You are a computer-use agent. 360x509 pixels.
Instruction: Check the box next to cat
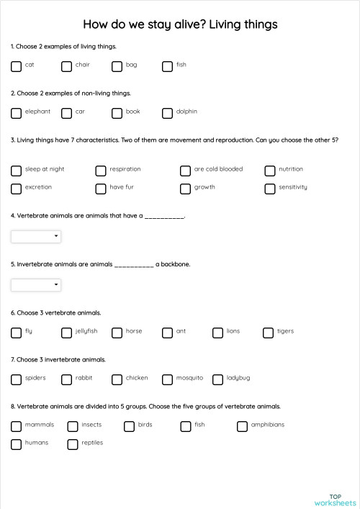point(17,66)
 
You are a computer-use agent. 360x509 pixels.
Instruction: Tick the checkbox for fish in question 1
point(168,66)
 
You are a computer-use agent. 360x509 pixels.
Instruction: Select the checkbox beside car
point(67,113)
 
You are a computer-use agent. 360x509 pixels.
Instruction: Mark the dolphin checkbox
point(168,113)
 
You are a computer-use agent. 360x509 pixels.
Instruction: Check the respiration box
point(101,171)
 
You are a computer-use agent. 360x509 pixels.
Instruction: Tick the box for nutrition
point(270,171)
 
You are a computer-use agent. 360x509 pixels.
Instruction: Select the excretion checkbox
point(17,189)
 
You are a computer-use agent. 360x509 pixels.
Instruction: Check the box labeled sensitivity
point(270,189)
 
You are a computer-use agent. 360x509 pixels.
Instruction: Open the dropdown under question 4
point(36,236)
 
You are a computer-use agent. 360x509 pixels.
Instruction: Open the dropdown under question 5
point(36,285)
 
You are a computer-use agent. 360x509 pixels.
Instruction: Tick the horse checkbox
point(117,333)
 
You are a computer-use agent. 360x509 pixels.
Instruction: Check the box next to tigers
point(269,333)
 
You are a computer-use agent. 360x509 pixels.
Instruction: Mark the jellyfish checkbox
point(67,333)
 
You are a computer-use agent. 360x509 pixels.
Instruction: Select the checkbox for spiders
point(17,379)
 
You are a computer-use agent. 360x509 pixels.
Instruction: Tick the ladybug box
point(218,379)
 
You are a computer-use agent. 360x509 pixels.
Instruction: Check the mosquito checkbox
point(168,379)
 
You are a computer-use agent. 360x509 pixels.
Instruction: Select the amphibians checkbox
point(242,426)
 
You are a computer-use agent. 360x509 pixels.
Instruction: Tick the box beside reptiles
point(73,444)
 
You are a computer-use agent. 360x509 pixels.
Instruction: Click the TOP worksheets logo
point(335,500)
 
